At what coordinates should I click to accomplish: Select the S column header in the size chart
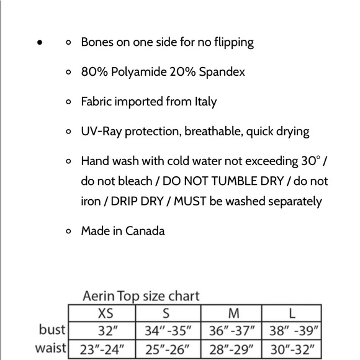point(166,312)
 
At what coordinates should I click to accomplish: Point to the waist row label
point(50,348)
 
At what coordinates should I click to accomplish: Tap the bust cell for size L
point(291,330)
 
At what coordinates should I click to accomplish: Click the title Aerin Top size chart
point(142,295)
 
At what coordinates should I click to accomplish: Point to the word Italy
point(203,101)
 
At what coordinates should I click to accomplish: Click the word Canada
point(145,231)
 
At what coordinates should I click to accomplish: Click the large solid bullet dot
point(40,43)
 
